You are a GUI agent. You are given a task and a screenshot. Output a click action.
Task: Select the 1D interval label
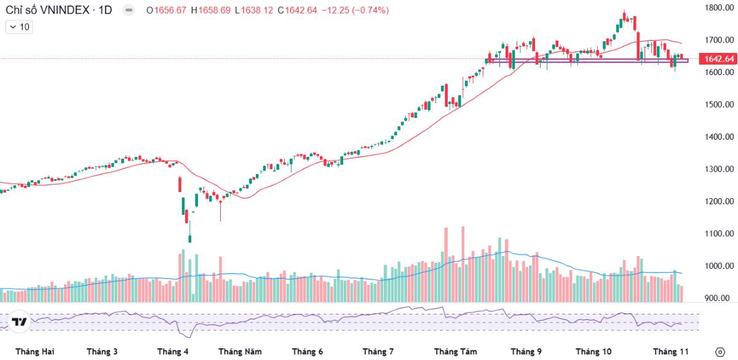coord(105,10)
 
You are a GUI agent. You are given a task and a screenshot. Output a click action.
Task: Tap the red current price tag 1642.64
coord(719,59)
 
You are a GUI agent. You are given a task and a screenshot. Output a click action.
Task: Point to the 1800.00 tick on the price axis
coord(719,8)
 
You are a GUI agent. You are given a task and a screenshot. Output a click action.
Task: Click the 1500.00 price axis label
coord(719,105)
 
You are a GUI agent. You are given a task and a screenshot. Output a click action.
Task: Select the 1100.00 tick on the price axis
coord(719,234)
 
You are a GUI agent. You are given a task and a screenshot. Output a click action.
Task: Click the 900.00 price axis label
coord(719,298)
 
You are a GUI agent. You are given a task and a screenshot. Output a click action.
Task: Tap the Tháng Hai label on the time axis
coord(35,351)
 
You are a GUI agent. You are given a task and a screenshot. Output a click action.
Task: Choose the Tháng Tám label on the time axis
coord(455,351)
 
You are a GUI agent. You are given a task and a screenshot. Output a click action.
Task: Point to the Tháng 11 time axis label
coord(670,351)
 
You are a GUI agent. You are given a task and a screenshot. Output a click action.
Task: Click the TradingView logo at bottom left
coord(19,322)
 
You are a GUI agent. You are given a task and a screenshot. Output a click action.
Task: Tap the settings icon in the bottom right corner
coord(721,351)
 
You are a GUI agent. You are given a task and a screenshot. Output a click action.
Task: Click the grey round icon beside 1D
coord(129,10)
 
